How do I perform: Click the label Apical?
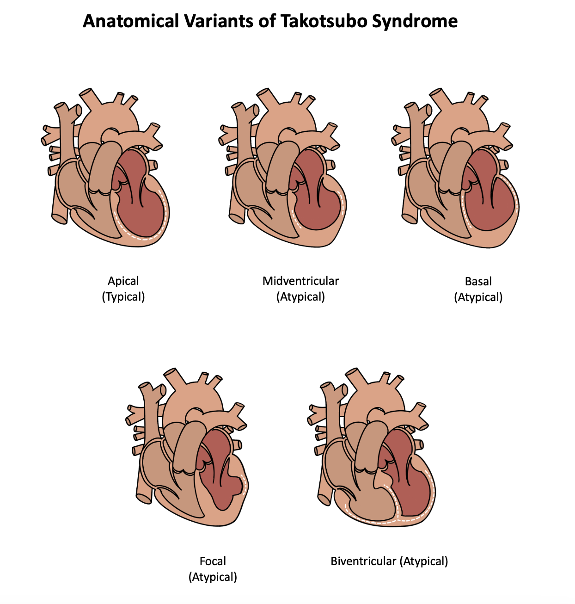point(123,281)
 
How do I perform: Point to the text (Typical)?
point(123,296)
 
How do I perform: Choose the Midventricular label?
point(300,281)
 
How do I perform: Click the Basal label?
point(478,281)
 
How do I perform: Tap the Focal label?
point(213,561)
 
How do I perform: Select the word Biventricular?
point(363,561)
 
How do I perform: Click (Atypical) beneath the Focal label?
point(213,577)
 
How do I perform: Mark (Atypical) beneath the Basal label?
point(478,297)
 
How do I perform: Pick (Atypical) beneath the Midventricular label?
point(300,296)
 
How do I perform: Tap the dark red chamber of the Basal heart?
point(490,203)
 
